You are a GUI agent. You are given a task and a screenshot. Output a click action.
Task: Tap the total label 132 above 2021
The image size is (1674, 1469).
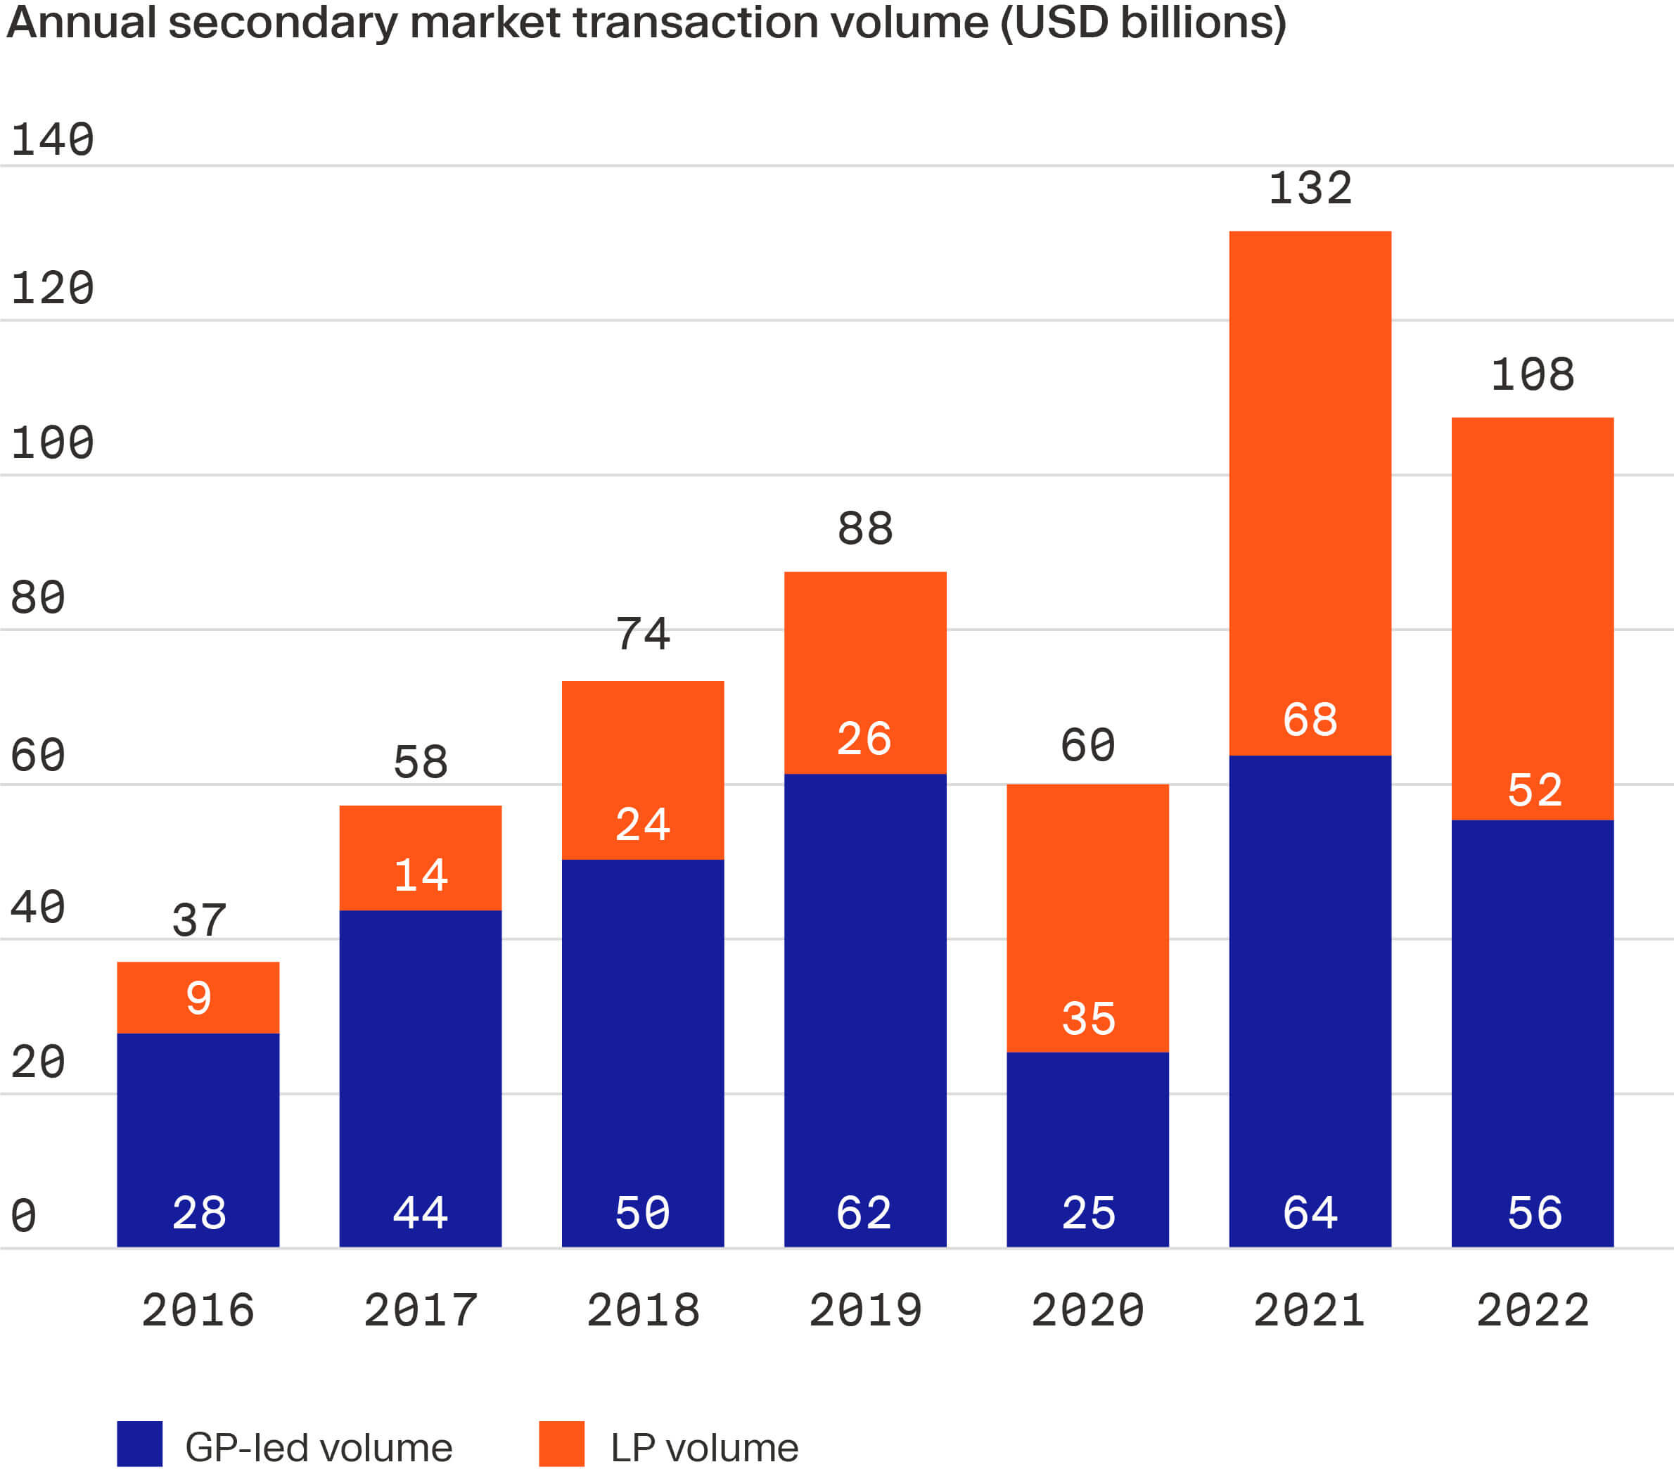1310,189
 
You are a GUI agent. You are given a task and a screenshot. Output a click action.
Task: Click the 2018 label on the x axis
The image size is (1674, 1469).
643,1309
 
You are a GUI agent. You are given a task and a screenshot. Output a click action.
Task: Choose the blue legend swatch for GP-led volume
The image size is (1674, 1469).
139,1444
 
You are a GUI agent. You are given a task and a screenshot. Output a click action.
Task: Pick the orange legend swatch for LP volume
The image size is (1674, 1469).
561,1444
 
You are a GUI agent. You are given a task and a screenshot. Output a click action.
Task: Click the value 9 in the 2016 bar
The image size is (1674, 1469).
198,997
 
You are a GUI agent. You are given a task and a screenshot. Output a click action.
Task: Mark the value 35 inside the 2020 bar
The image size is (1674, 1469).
1087,1019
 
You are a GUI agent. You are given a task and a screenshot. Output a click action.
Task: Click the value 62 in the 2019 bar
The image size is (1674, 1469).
864,1213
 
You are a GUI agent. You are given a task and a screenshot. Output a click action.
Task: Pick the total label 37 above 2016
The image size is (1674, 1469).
198,920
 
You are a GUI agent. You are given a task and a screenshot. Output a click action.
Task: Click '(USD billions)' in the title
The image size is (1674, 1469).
1142,21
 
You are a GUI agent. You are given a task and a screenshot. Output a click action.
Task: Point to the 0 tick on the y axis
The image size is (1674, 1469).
24,1215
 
